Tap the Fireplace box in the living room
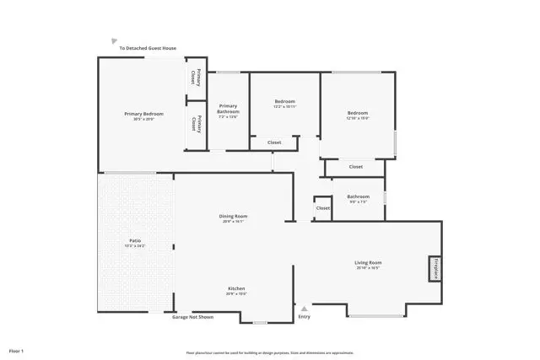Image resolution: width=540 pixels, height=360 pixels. (435, 268)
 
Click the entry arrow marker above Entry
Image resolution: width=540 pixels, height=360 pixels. (305, 307)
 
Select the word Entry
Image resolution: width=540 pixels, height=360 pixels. (305, 317)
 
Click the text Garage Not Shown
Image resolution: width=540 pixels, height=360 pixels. (193, 317)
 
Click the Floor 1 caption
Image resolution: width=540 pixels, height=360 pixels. (17, 350)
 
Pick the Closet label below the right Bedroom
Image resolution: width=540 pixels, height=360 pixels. (356, 167)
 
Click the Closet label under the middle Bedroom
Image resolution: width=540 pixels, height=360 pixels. (274, 142)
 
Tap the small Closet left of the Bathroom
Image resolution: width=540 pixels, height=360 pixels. (322, 208)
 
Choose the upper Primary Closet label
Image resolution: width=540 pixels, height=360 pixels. (197, 77)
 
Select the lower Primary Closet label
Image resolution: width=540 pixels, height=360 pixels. (197, 124)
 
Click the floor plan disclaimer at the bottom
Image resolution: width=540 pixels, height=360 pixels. (270, 352)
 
